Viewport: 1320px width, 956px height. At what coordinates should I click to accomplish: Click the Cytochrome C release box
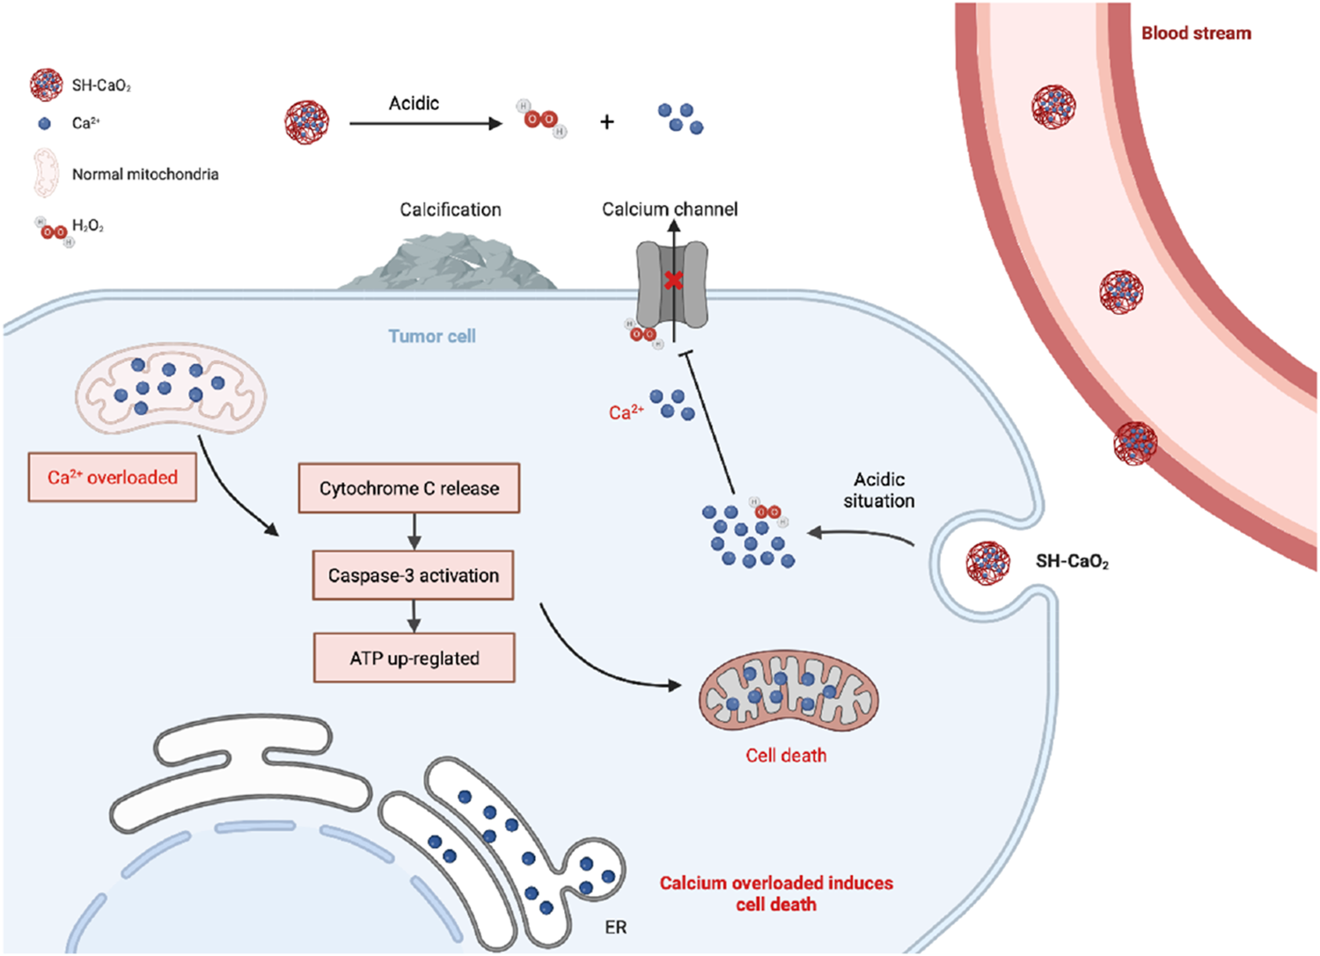[x=409, y=488]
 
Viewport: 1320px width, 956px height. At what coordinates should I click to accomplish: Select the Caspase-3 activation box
[x=414, y=575]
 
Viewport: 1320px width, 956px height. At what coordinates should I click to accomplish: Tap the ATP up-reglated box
[x=414, y=658]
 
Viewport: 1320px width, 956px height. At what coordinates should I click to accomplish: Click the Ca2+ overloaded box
[x=113, y=478]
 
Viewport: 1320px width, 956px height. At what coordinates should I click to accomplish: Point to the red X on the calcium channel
[x=673, y=281]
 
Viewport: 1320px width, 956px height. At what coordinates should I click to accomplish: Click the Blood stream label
[x=1196, y=33]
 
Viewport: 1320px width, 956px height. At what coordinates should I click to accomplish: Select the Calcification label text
[x=451, y=209]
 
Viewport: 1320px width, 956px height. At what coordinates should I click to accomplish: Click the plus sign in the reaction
[x=607, y=122]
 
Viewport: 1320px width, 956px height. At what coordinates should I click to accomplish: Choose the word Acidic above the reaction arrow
[x=414, y=103]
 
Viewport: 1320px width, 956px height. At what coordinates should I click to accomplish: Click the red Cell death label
[x=786, y=755]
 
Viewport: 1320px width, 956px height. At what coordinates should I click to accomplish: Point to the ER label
[x=616, y=927]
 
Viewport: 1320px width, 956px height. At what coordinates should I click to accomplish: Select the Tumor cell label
[x=432, y=336]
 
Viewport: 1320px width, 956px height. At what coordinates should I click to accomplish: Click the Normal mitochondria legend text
[x=145, y=174]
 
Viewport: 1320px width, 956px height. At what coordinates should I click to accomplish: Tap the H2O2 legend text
[x=88, y=226]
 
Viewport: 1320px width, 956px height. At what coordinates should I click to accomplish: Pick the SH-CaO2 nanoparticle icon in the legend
[x=46, y=84]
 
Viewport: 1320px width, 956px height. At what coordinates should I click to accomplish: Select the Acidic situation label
[x=879, y=490]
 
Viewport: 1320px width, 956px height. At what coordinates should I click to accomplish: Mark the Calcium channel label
[x=670, y=209]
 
